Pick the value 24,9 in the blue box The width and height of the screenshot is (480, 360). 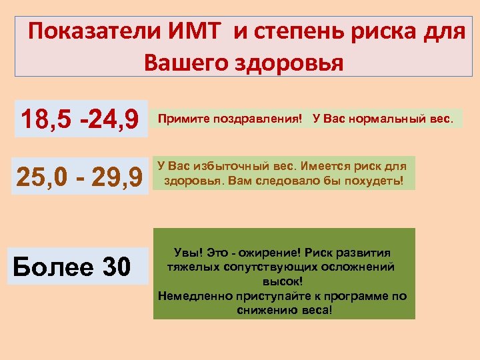(111, 121)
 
